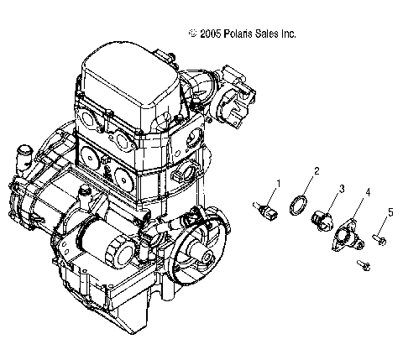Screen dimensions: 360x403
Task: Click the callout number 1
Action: [278, 182]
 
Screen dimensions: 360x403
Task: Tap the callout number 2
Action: [316, 170]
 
